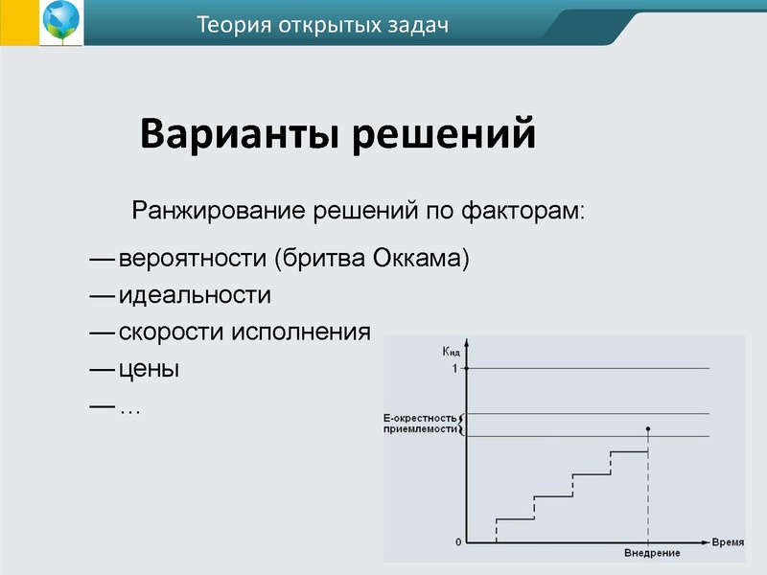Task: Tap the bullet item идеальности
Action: click(195, 296)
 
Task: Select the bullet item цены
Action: click(149, 369)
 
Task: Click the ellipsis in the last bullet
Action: click(129, 409)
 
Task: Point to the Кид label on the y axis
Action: click(452, 353)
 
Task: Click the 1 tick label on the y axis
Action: click(454, 369)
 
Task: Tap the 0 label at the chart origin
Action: click(457, 542)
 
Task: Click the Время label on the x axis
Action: click(728, 542)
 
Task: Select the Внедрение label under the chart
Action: click(652, 554)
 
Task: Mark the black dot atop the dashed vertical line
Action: click(649, 428)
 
